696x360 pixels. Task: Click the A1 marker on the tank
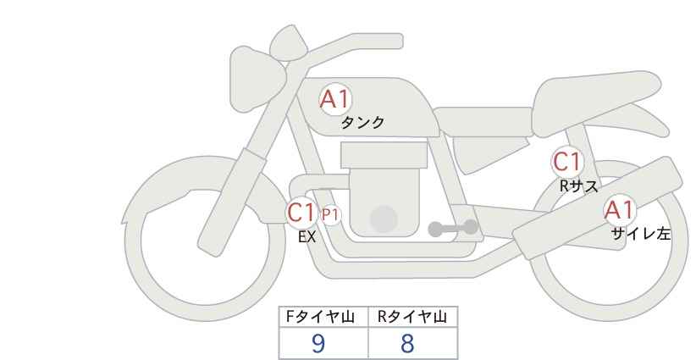(335, 99)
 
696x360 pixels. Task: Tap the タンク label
(362, 123)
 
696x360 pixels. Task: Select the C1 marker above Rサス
(566, 162)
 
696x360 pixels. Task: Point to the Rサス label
(578, 186)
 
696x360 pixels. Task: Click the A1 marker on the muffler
(620, 210)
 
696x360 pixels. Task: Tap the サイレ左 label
(641, 234)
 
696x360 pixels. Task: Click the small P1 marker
(330, 215)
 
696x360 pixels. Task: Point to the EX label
(307, 237)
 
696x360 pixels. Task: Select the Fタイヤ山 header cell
(323, 317)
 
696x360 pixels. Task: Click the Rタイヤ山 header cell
(413, 317)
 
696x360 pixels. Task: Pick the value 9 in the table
(318, 343)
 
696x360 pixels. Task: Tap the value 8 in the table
(407, 343)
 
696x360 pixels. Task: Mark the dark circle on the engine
(384, 219)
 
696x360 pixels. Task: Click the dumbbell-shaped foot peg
(453, 228)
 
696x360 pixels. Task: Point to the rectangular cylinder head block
(384, 155)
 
